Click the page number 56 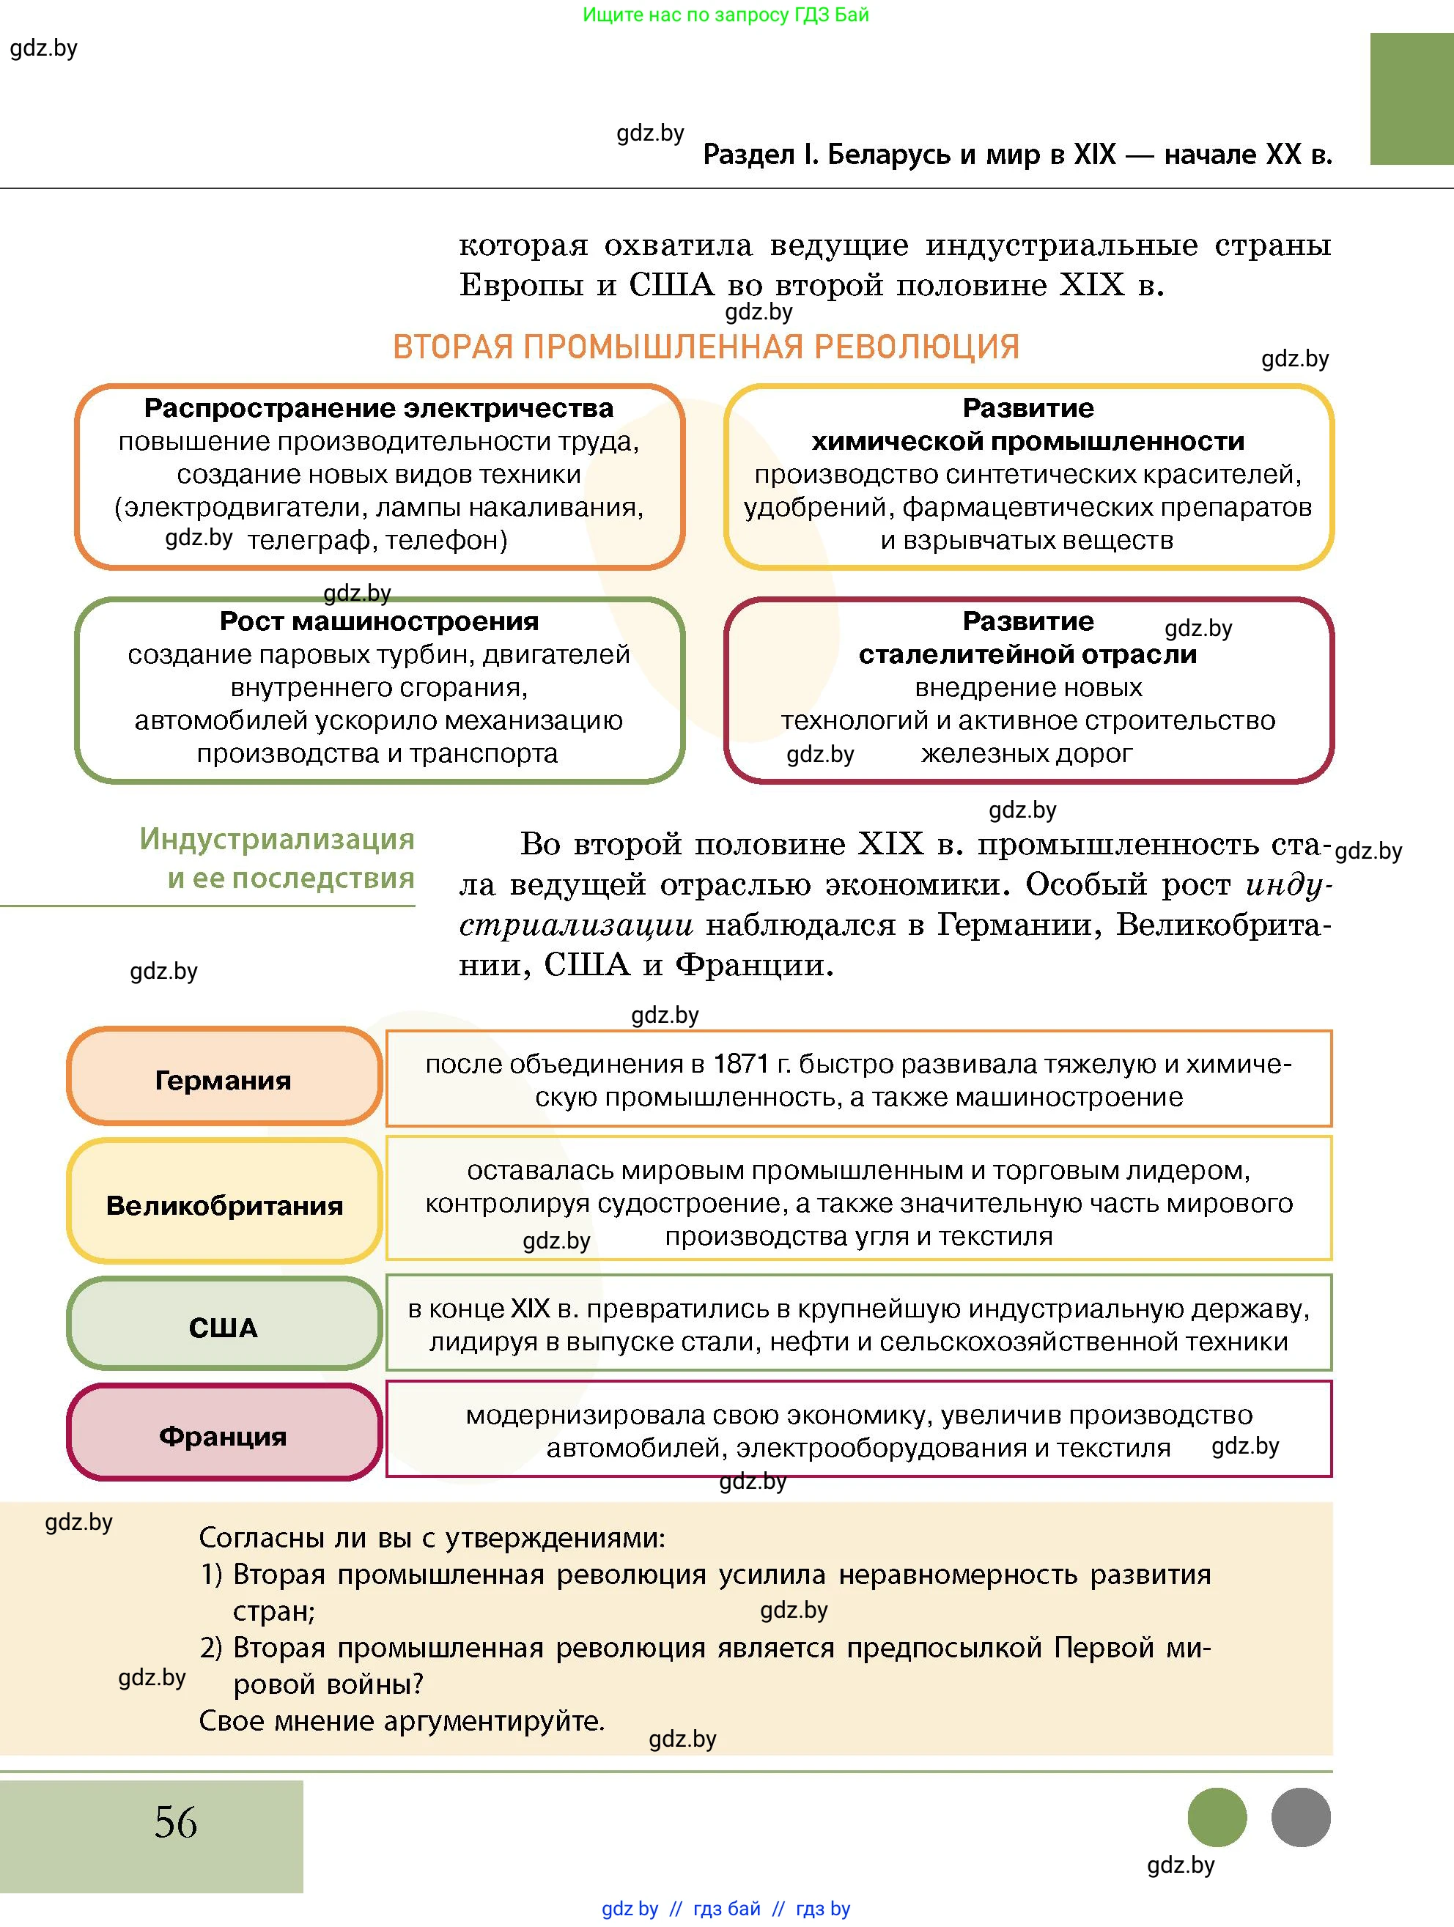coord(176,1821)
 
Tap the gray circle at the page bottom coord(1301,1817)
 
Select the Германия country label coord(223,1080)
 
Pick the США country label coord(223,1328)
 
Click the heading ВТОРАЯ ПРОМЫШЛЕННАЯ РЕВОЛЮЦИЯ coord(706,347)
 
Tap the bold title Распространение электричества coord(379,407)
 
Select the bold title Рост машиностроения coord(379,621)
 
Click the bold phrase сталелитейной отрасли coord(1028,654)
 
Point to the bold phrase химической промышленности coord(1028,442)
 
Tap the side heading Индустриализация coord(277,839)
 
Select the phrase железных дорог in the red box coord(1026,753)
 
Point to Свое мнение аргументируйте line coord(402,1720)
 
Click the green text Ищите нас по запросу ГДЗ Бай coord(726,15)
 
